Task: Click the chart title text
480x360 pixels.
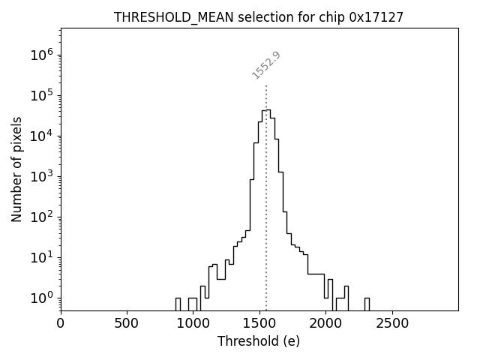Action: coord(259,16)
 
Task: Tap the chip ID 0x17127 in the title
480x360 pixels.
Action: coord(376,16)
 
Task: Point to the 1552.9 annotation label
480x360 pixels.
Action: coord(266,64)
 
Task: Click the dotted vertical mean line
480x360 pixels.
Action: coord(266,225)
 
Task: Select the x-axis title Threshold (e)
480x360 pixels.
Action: coord(259,341)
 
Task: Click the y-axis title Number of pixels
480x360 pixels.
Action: coord(16,169)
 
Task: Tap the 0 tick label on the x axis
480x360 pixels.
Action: coord(61,323)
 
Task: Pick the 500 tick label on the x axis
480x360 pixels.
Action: coord(127,323)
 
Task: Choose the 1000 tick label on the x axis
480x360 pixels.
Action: coord(193,323)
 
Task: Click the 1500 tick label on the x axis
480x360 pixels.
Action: coord(259,323)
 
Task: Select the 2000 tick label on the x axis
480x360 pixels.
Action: coord(325,323)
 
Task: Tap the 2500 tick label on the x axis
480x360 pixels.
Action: coord(392,323)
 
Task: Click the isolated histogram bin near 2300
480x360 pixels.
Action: coord(367,304)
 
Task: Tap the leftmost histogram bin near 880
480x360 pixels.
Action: coord(178,304)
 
